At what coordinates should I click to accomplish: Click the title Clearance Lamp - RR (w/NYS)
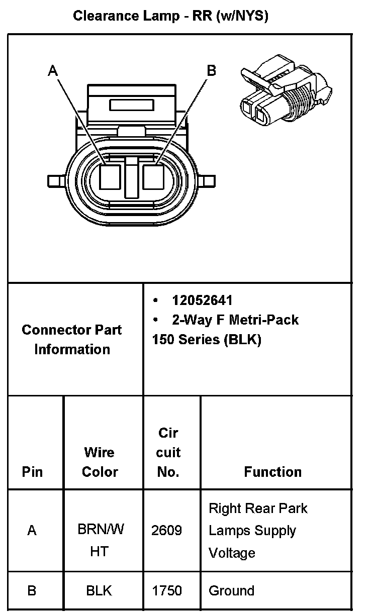[x=171, y=16]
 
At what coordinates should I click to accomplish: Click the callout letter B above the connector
[x=212, y=71]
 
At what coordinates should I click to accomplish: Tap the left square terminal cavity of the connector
[x=109, y=177]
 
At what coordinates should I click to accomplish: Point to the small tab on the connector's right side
[x=209, y=180]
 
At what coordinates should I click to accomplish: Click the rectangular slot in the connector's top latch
[x=131, y=105]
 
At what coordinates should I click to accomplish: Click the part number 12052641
[x=202, y=300]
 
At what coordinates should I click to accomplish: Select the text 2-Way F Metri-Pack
[x=235, y=320]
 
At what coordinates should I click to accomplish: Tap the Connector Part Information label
[x=72, y=340]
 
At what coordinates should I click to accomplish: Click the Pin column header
[x=33, y=472]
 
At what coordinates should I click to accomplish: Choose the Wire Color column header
[x=100, y=462]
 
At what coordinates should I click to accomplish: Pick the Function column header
[x=272, y=472]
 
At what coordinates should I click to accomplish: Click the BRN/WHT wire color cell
[x=100, y=540]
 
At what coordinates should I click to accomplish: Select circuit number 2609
[x=166, y=531]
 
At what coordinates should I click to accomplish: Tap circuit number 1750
[x=166, y=591]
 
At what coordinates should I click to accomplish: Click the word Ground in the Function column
[x=231, y=591]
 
